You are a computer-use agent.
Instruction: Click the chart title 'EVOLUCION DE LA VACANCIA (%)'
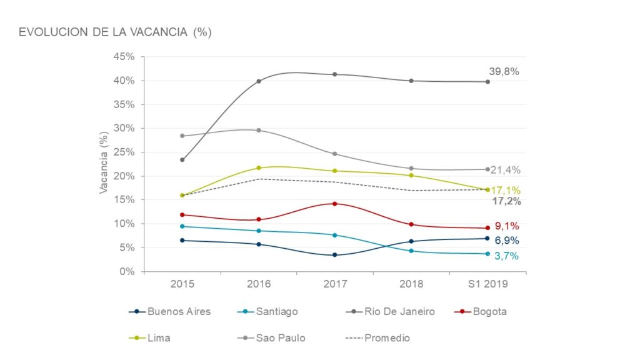pyautogui.click(x=115, y=32)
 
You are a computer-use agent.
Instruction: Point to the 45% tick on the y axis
pyautogui.click(x=125, y=57)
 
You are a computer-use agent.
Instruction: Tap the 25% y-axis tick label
pyautogui.click(x=125, y=152)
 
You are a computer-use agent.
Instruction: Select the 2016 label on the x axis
pyautogui.click(x=259, y=284)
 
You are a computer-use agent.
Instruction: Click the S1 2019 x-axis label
pyautogui.click(x=488, y=284)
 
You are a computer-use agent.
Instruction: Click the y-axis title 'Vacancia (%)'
pyautogui.click(x=104, y=164)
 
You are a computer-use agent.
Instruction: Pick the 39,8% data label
pyautogui.click(x=504, y=71)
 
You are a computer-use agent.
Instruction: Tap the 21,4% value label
pyautogui.click(x=506, y=170)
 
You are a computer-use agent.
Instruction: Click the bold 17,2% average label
pyautogui.click(x=506, y=201)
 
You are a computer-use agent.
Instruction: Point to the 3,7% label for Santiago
pyautogui.click(x=505, y=256)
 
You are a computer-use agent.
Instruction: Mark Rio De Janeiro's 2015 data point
pyautogui.click(x=182, y=160)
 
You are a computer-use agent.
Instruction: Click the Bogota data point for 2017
pyautogui.click(x=335, y=204)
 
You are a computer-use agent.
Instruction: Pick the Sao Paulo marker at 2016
pyautogui.click(x=259, y=130)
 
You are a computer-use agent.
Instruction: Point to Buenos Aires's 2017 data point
pyautogui.click(x=335, y=255)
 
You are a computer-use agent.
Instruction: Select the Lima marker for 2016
pyautogui.click(x=259, y=167)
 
